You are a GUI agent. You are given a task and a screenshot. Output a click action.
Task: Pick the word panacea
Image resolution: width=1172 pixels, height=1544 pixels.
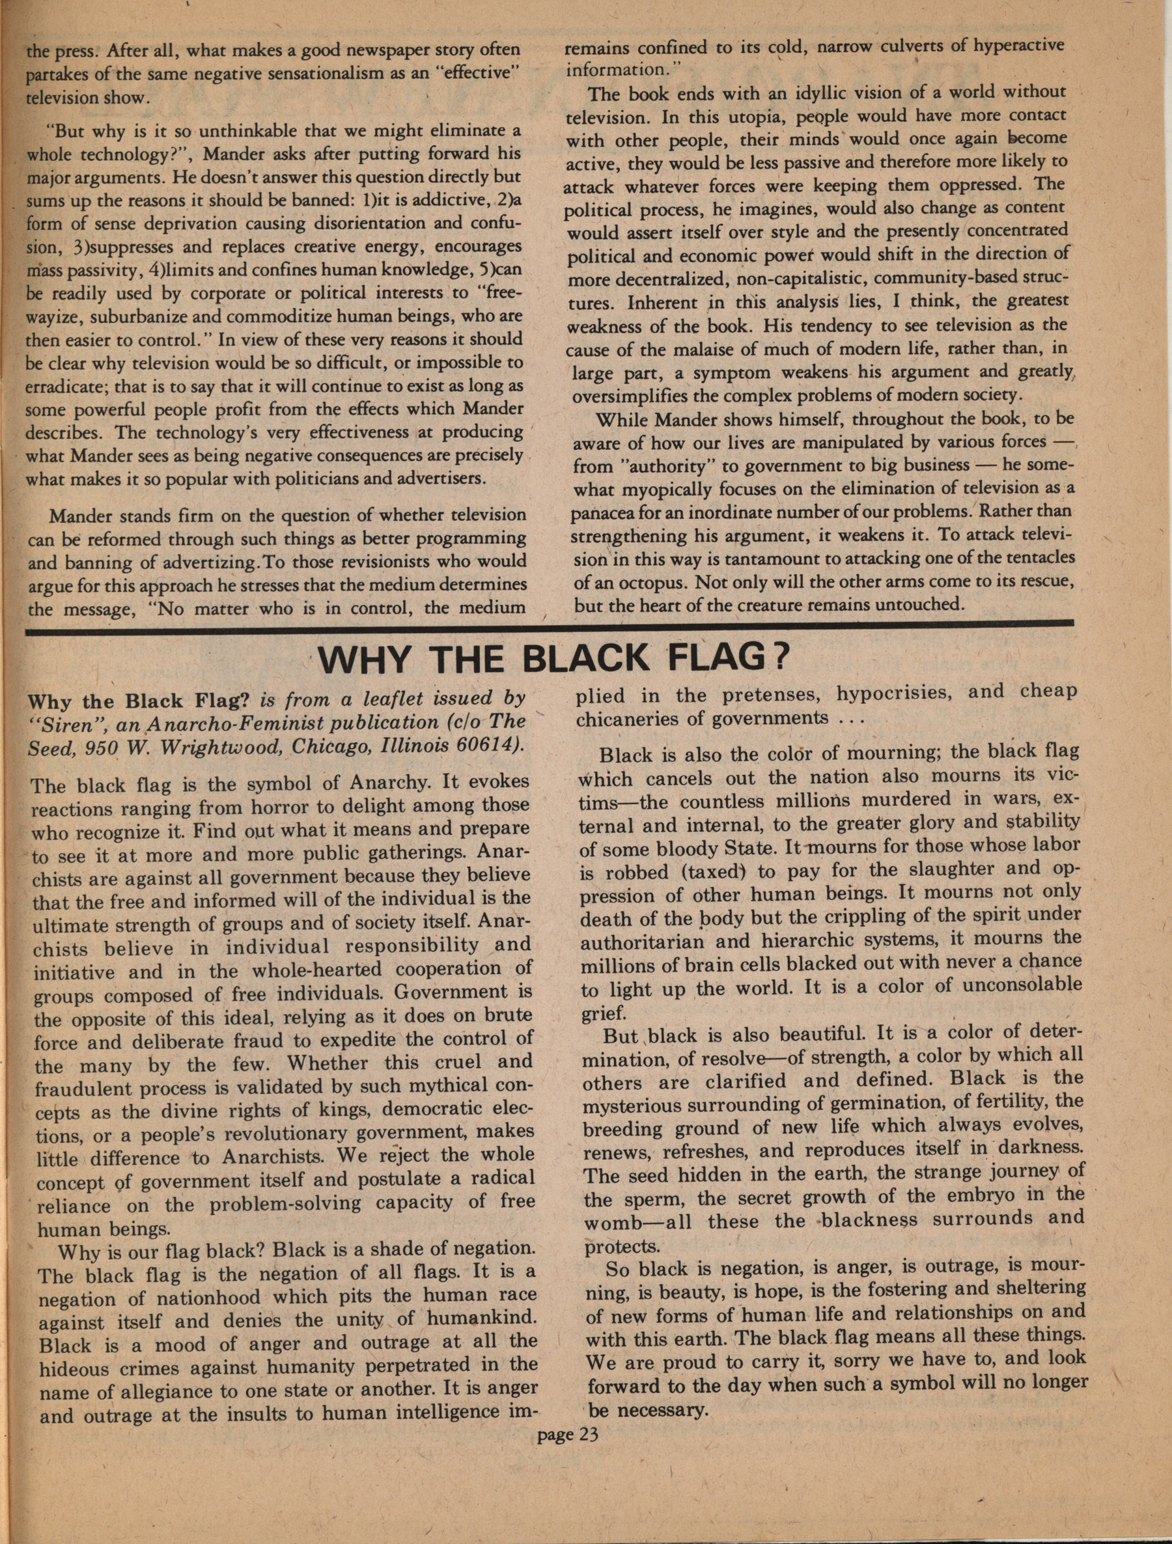[602, 512]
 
